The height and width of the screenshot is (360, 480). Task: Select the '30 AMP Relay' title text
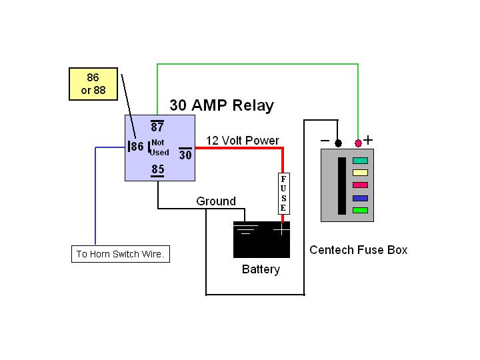click(x=221, y=105)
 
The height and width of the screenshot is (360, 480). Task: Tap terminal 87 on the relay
click(x=158, y=127)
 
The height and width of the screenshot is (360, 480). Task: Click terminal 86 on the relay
click(x=136, y=147)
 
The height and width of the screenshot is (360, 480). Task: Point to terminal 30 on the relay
click(x=185, y=155)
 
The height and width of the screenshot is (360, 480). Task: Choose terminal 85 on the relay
click(x=157, y=170)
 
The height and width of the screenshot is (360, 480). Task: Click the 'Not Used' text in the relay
click(x=160, y=147)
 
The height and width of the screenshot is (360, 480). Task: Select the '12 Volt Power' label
click(x=243, y=141)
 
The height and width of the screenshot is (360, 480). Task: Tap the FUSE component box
click(x=283, y=194)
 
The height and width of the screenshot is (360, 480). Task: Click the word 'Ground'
click(x=216, y=201)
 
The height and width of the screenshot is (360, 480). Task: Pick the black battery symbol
click(x=261, y=239)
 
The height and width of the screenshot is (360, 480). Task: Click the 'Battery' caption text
click(x=261, y=270)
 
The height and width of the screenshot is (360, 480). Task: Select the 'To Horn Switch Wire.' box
click(x=120, y=254)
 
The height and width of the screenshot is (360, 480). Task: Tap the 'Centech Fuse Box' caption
click(x=358, y=250)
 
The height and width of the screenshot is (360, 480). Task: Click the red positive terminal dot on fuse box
click(x=358, y=143)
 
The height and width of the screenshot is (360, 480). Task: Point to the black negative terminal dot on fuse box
click(x=338, y=143)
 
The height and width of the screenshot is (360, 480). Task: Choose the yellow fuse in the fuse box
click(x=360, y=173)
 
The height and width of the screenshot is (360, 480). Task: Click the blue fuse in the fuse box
click(x=360, y=198)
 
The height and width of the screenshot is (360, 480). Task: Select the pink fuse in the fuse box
click(x=360, y=185)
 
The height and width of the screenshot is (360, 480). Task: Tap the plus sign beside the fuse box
click(x=368, y=140)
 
